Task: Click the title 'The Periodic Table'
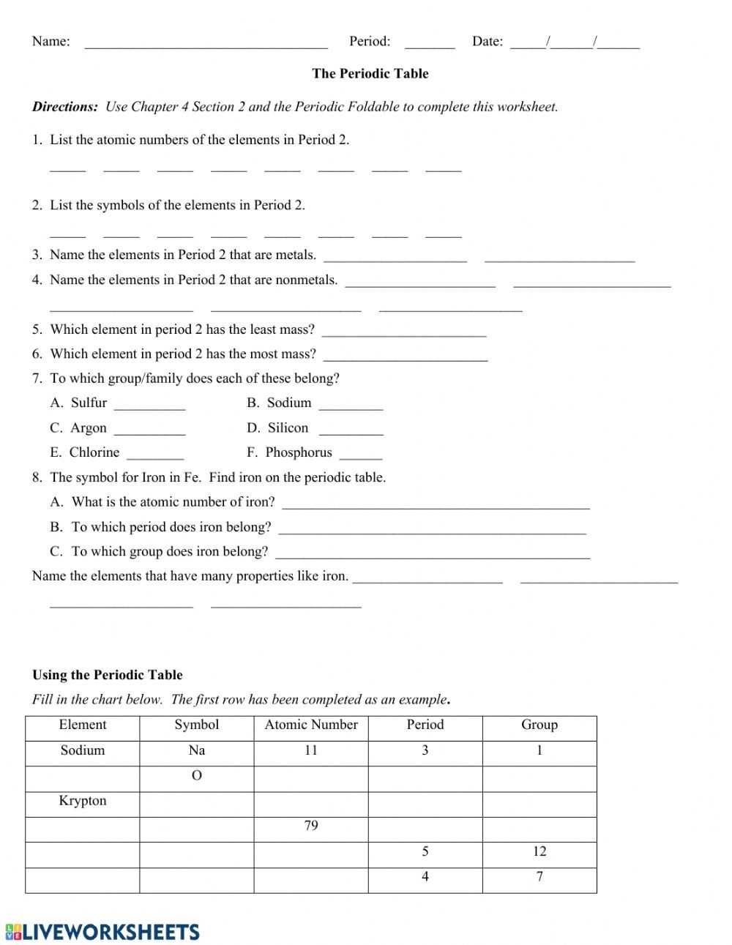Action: [x=370, y=73]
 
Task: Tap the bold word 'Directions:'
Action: [x=65, y=107]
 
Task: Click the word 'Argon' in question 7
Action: [x=89, y=427]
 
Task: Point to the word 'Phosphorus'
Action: [x=299, y=452]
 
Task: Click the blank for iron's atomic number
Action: [x=436, y=504]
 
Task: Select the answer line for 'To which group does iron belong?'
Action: [x=433, y=553]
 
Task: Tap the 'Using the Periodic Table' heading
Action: [x=108, y=675]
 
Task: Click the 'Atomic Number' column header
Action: [x=311, y=725]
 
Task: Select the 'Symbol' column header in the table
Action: [x=196, y=725]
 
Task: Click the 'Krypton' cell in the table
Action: [x=83, y=801]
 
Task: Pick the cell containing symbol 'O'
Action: [x=196, y=776]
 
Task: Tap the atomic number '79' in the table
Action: [x=311, y=826]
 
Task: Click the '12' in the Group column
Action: [x=539, y=851]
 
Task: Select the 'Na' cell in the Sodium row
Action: [x=196, y=750]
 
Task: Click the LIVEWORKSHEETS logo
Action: [x=102, y=932]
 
